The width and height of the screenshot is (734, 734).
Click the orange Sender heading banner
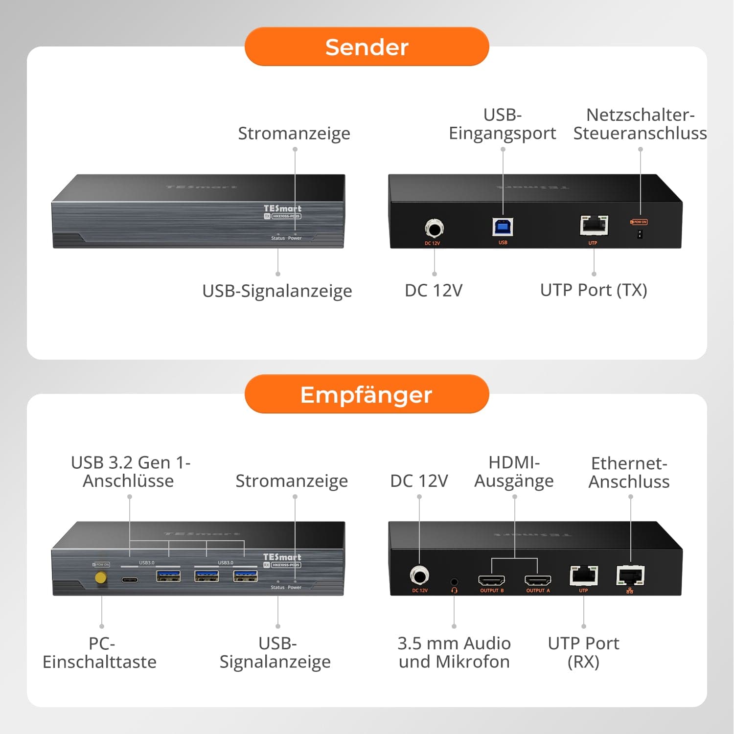(367, 46)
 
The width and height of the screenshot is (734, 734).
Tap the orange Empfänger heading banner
(367, 394)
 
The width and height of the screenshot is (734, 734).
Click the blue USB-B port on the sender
(503, 227)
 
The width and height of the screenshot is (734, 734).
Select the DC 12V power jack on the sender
(434, 229)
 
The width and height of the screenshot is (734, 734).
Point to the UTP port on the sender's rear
(594, 226)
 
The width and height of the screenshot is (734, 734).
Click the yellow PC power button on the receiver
(101, 578)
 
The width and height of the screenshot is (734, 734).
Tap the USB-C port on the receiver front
(130, 580)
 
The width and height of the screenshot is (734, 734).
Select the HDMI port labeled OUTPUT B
(491, 580)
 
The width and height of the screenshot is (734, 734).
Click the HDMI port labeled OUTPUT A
(537, 580)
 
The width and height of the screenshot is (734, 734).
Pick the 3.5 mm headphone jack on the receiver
(454, 582)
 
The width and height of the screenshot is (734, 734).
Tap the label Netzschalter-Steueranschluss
(640, 124)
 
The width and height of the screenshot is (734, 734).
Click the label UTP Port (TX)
(593, 290)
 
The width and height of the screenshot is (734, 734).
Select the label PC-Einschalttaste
(100, 652)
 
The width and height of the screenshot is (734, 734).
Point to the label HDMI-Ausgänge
(514, 471)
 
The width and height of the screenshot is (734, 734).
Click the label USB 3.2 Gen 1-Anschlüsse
(130, 471)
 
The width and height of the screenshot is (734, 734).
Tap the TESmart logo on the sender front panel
(282, 208)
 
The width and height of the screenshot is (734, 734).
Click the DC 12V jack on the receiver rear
(419, 575)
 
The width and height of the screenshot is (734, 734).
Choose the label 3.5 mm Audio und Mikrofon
(454, 652)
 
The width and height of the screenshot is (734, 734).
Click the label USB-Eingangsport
(503, 124)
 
